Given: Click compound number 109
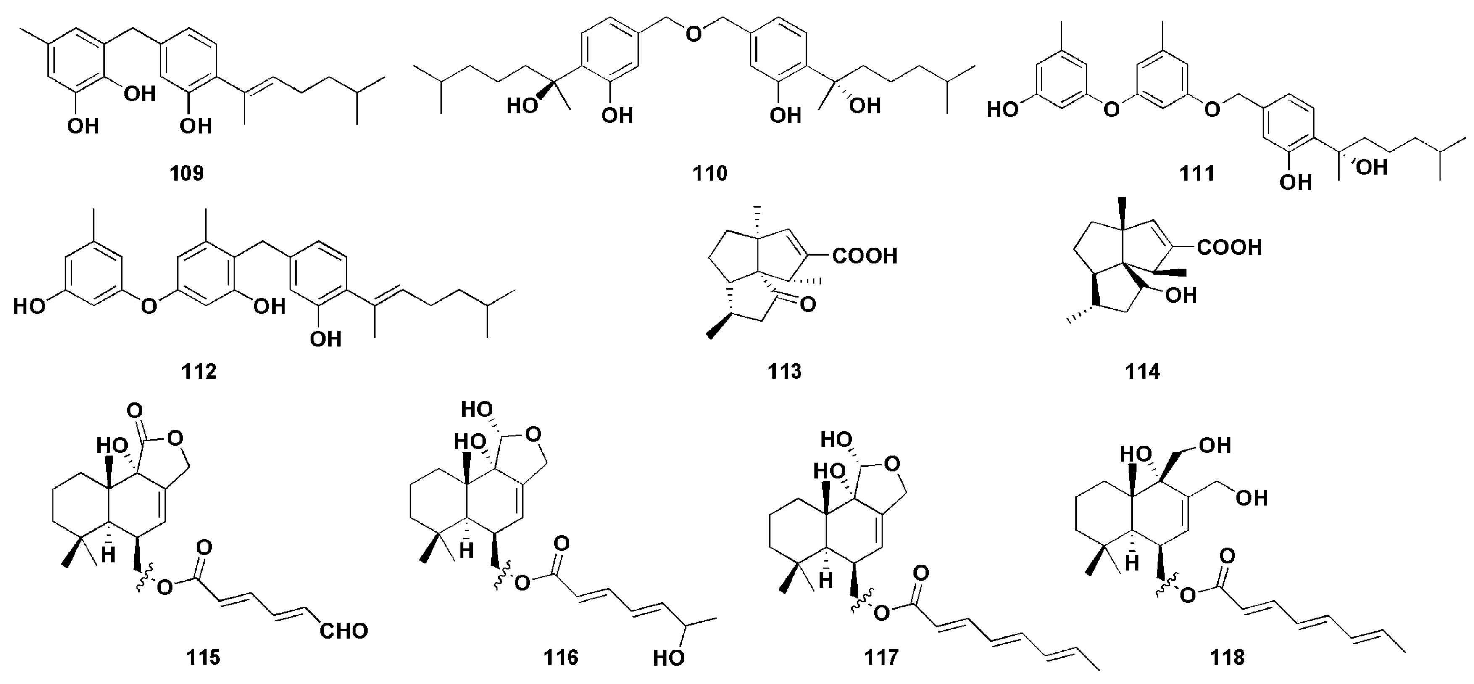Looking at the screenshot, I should pos(187,173).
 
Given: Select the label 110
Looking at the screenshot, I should pos(710,173).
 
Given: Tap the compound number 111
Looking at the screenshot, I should pos(1197,173).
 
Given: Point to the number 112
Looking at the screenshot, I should pos(199,372).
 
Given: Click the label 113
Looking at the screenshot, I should pos(784,372).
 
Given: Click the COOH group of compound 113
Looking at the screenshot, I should pos(865,256).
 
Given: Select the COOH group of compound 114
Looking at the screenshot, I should pos(1229,247).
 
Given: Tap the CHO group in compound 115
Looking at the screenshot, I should pos(343,631).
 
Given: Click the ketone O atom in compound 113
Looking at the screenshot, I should pos(808,304).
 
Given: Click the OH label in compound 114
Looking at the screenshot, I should pos(1181,296).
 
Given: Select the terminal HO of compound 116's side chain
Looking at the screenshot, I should pos(669,658).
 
